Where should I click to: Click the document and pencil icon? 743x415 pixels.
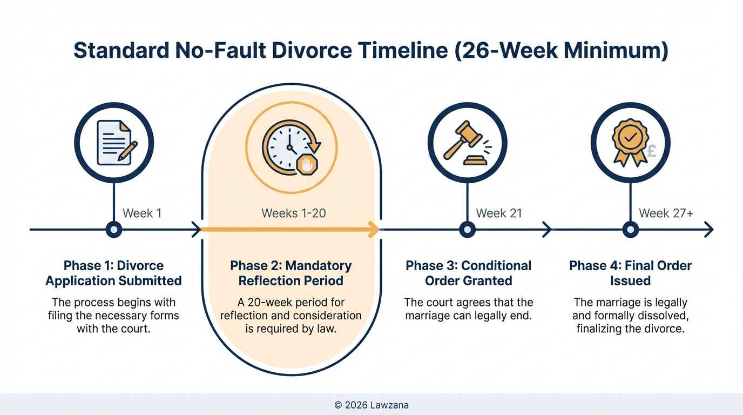click(x=114, y=143)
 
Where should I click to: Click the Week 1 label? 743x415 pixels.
click(x=142, y=213)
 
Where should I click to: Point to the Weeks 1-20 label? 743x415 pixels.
click(x=294, y=213)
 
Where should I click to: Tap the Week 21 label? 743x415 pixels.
click(x=499, y=213)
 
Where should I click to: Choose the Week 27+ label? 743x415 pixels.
click(x=666, y=213)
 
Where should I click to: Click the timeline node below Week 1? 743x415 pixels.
click(x=114, y=230)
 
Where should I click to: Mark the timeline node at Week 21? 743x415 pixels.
click(x=467, y=230)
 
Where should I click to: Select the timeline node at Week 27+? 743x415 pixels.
click(x=630, y=230)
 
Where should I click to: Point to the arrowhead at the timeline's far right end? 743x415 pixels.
click(x=708, y=230)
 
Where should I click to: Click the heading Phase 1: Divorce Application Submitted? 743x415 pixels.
click(x=113, y=273)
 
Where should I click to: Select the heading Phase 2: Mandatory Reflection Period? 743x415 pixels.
click(x=291, y=273)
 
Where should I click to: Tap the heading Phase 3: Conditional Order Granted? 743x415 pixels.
click(x=468, y=273)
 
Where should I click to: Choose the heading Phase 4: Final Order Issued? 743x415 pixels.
click(x=630, y=273)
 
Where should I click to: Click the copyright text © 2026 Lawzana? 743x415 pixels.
click(x=371, y=405)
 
